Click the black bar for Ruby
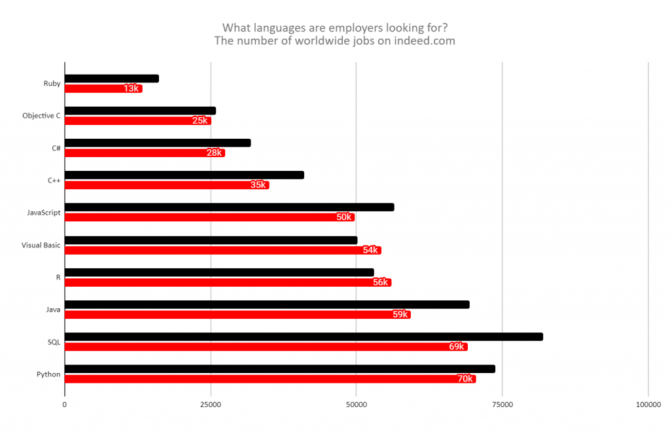click(111, 79)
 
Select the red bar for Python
click(262, 379)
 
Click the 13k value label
click(131, 88)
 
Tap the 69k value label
click(457, 347)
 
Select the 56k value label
click(380, 283)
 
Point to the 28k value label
click(214, 153)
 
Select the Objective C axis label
click(41, 116)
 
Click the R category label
click(58, 278)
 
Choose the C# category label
click(56, 148)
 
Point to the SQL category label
click(54, 342)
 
